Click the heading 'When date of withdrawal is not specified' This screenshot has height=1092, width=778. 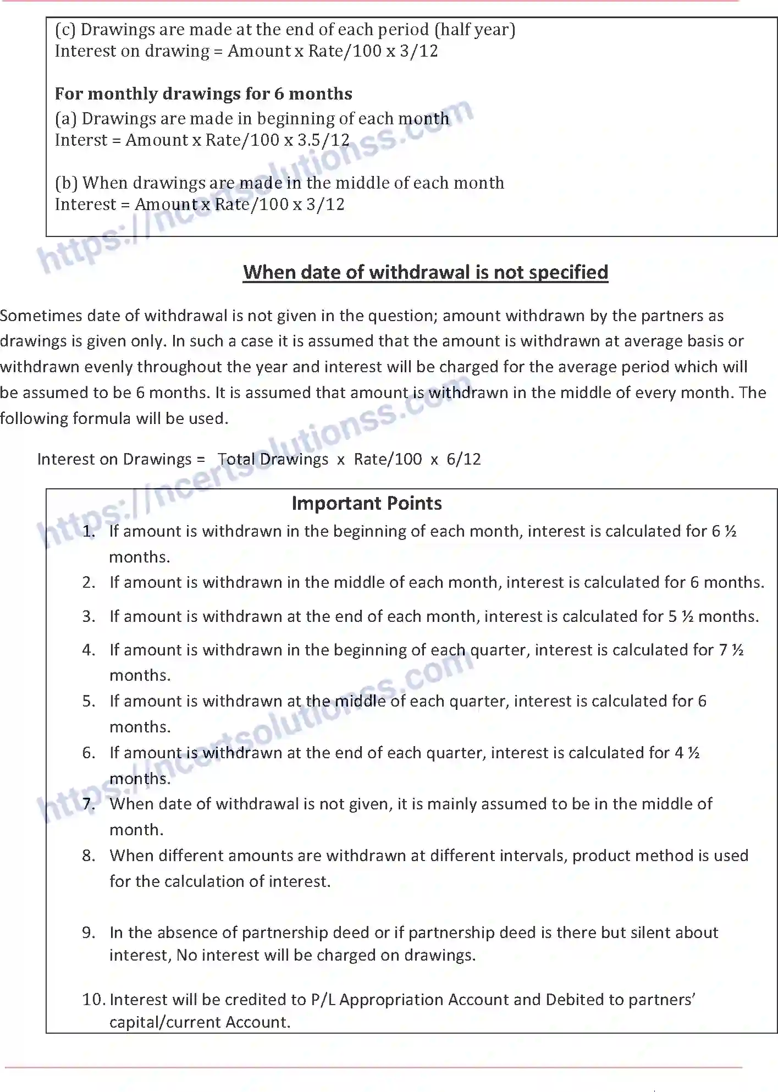click(426, 272)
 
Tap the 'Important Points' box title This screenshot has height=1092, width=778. click(367, 503)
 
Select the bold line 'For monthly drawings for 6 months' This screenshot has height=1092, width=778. click(203, 93)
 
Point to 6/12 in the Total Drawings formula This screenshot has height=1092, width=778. click(464, 459)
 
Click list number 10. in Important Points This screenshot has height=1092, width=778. click(93, 999)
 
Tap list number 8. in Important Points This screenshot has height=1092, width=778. click(89, 856)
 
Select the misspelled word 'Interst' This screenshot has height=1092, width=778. click(81, 140)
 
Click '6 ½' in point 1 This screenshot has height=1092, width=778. click(724, 531)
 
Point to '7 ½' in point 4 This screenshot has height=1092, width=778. click(731, 650)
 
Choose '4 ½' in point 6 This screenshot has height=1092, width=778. click(687, 753)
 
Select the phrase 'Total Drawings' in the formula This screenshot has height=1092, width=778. click(273, 459)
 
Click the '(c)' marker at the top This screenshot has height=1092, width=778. click(65, 30)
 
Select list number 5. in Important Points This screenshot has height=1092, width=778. click(89, 701)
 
